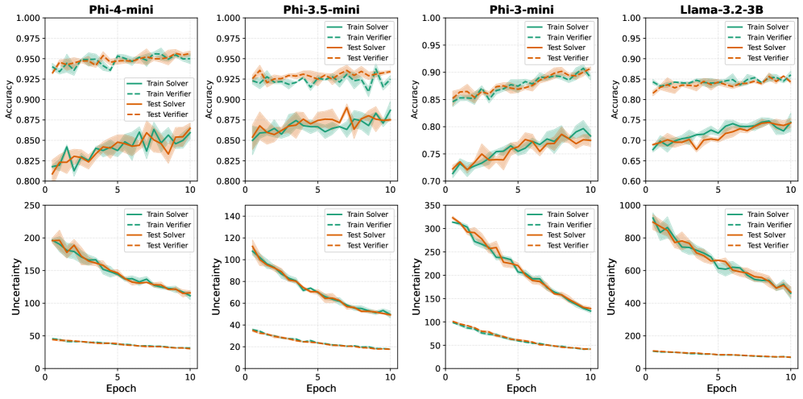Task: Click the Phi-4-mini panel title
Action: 118,8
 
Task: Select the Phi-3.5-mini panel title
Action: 317,8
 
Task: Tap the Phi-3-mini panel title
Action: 517,8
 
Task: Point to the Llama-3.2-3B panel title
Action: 718,8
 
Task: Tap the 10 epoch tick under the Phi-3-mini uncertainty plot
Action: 590,376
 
